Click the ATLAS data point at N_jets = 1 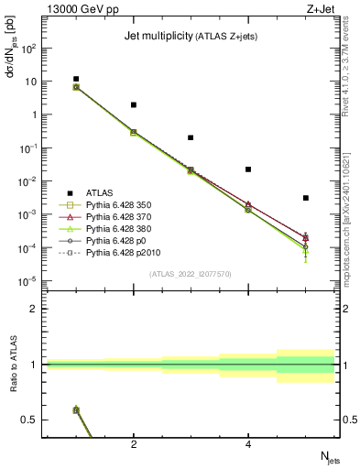pyautogui.click(x=76, y=79)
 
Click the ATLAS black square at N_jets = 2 pyautogui.click(x=134, y=105)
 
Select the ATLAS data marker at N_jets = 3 pyautogui.click(x=191, y=137)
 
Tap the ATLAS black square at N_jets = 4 pyautogui.click(x=248, y=169)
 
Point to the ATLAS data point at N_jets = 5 pyautogui.click(x=306, y=198)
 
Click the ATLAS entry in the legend pyautogui.click(x=100, y=192)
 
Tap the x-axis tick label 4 pyautogui.click(x=248, y=444)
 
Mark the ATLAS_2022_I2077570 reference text pyautogui.click(x=191, y=273)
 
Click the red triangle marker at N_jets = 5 pyautogui.click(x=306, y=237)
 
